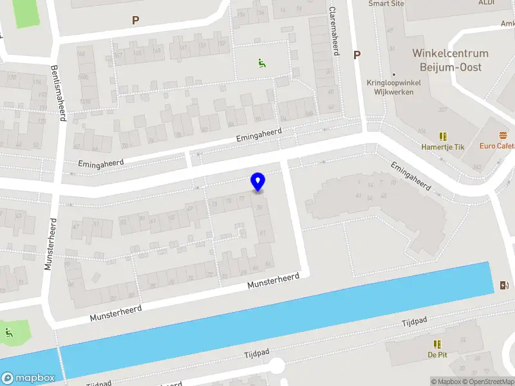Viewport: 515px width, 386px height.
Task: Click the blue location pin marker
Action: coord(257,182)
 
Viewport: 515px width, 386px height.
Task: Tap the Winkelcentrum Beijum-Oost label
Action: coord(450,60)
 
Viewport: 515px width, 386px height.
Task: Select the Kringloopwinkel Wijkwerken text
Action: coord(393,87)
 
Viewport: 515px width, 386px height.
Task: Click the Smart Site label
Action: coord(386,3)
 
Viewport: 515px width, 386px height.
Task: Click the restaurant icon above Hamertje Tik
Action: coord(442,136)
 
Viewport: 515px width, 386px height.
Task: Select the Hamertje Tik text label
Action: coord(442,147)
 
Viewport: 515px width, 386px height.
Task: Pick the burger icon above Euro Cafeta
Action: coord(502,136)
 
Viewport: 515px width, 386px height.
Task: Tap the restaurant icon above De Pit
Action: coord(437,344)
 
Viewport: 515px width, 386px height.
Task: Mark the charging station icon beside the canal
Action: coord(503,286)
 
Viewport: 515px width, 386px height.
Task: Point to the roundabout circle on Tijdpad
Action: coord(277,367)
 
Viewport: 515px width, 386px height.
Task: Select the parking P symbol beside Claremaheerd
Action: coord(356,55)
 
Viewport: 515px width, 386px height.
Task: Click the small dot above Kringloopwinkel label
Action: coord(393,75)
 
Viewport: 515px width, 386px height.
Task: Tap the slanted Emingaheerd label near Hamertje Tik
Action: coord(411,175)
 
